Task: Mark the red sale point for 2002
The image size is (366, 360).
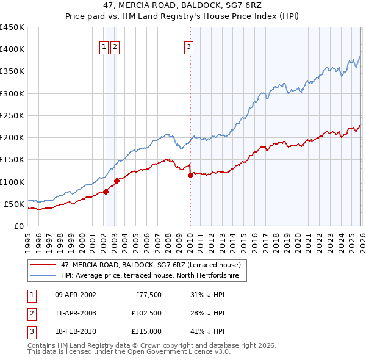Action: point(106,192)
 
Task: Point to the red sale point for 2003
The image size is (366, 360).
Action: point(117,181)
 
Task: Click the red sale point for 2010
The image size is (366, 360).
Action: point(190,175)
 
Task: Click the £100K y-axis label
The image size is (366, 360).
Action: point(12,182)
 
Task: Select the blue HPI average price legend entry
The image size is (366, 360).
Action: point(153,276)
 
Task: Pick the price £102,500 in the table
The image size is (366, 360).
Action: point(146,313)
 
